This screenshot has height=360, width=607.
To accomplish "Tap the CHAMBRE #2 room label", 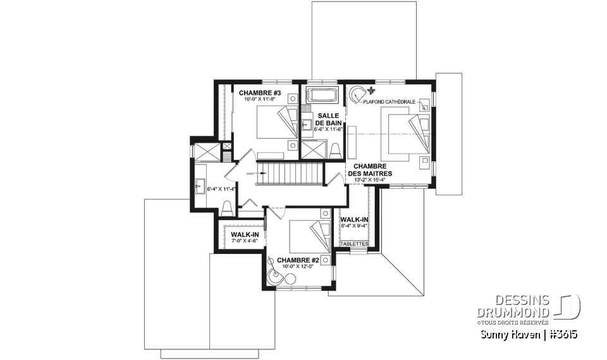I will click(x=297, y=259).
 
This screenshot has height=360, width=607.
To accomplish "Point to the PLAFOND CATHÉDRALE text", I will click(x=394, y=101).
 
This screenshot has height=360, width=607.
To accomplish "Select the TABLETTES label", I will click(x=354, y=244).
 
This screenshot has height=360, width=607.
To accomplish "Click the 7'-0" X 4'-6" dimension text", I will click(x=238, y=241).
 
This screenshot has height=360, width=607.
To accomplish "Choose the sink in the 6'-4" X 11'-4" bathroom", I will click(x=201, y=185).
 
